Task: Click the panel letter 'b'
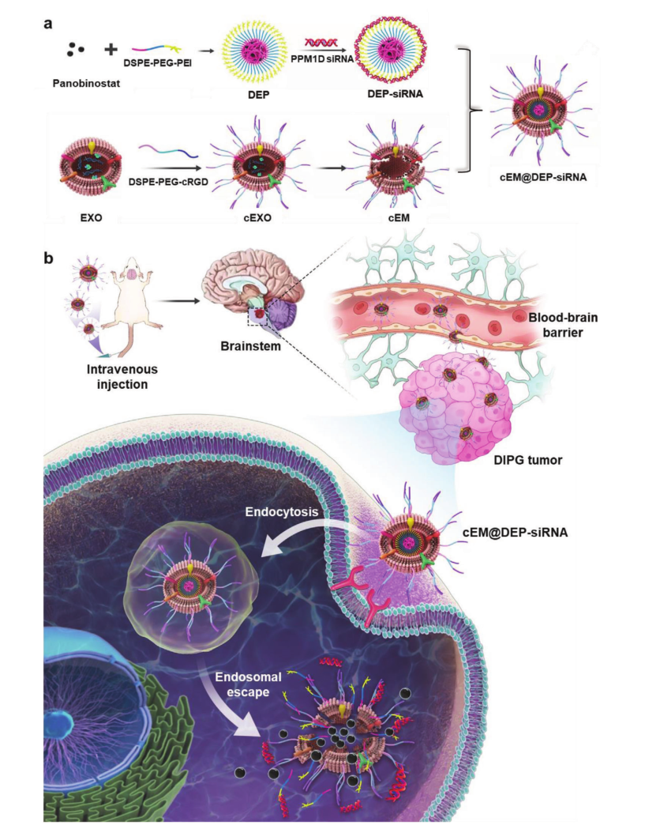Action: (x=48, y=258)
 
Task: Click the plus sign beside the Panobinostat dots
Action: (x=111, y=51)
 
